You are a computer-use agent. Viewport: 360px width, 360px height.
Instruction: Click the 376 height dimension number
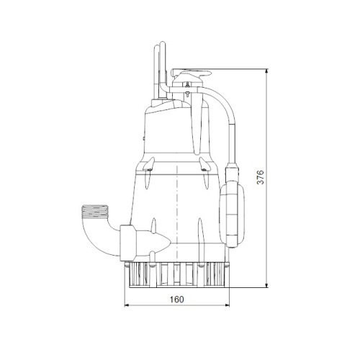[x=260, y=177]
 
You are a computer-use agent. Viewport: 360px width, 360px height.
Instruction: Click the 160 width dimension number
[x=177, y=300]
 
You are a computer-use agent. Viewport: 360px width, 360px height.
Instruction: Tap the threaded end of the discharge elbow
[x=94, y=212]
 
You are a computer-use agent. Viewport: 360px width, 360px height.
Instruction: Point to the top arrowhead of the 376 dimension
[x=266, y=71]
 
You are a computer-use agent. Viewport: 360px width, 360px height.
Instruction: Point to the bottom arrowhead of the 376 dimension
[x=266, y=285]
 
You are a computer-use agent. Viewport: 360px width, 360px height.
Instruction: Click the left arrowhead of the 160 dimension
[x=127, y=305]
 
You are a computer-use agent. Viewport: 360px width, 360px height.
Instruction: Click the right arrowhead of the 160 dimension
[x=227, y=305]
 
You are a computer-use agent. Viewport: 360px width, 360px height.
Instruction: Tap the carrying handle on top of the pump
[x=192, y=73]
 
